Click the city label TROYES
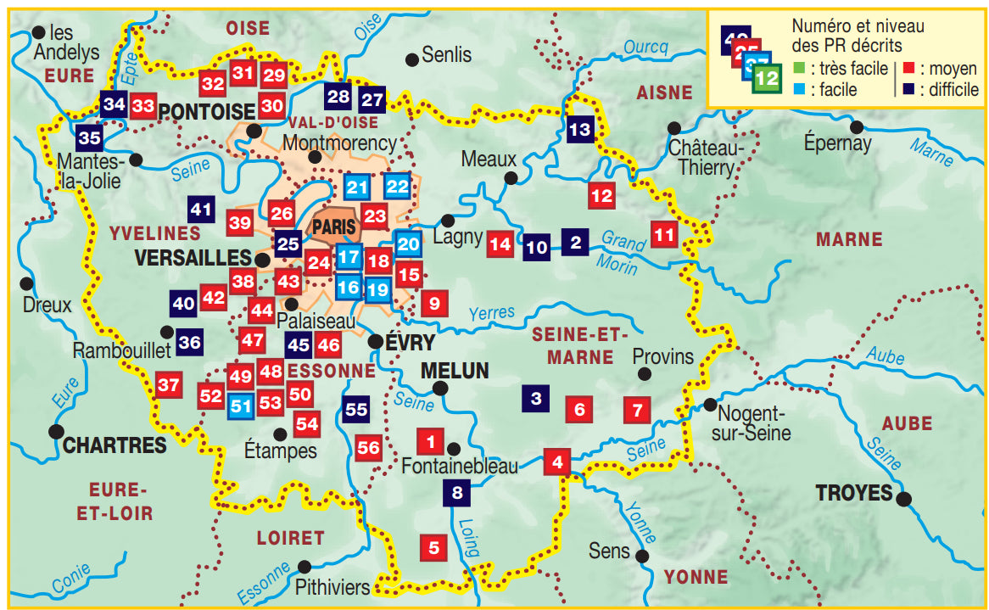[853, 492]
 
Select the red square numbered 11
[664, 233]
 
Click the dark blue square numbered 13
[579, 130]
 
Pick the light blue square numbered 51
[242, 406]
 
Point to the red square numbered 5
[433, 548]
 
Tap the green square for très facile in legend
[799, 68]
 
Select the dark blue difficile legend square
[908, 90]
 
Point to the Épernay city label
[838, 143]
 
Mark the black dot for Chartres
[57, 431]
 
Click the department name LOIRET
[290, 537]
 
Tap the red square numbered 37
[169, 386]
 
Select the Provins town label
[662, 356]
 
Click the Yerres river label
[491, 313]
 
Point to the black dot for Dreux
[27, 283]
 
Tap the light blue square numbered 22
[396, 187]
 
